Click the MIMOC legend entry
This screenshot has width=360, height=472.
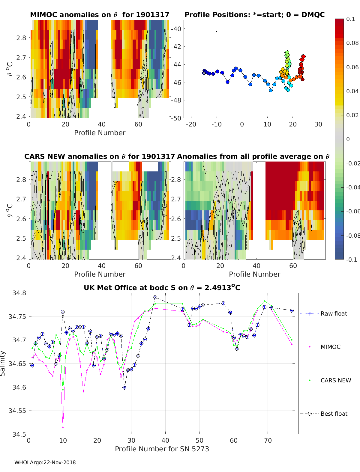coord(330,347)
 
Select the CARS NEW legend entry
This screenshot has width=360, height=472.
coord(335,380)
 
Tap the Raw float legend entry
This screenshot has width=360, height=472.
coord(334,313)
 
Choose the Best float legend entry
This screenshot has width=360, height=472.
coord(334,414)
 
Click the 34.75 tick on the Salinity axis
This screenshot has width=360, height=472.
coord(19,316)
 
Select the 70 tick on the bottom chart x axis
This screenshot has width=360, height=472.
coord(268,440)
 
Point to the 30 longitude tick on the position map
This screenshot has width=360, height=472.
coord(318,124)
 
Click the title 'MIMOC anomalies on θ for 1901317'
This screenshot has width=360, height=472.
coord(100,15)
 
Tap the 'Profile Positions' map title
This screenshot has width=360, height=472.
coord(254,15)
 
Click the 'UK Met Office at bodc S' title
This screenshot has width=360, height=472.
coord(162,288)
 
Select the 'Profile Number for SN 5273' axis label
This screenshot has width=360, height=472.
coord(162,449)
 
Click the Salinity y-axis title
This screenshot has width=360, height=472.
coord(3,363)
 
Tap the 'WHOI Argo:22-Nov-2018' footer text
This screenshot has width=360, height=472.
coord(45,462)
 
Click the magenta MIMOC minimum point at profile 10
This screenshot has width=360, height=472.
coord(63,427)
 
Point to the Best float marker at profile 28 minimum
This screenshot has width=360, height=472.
coord(124,387)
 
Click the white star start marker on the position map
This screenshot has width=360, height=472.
coord(204,73)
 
